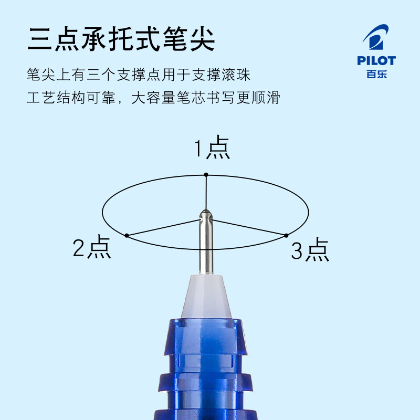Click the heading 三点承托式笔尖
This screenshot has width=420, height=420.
[x=121, y=40]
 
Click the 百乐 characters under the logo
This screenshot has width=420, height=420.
[x=376, y=73]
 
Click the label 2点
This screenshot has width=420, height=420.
[x=92, y=248]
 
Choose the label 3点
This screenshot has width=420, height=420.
[x=310, y=250]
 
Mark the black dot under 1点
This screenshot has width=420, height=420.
[x=206, y=175]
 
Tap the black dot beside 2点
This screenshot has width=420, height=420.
[x=127, y=236]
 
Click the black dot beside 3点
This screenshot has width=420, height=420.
[x=286, y=235]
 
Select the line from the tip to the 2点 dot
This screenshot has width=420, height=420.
[x=163, y=228]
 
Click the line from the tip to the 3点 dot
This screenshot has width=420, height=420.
[x=249, y=227]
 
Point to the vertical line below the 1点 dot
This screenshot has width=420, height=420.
[x=206, y=192]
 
